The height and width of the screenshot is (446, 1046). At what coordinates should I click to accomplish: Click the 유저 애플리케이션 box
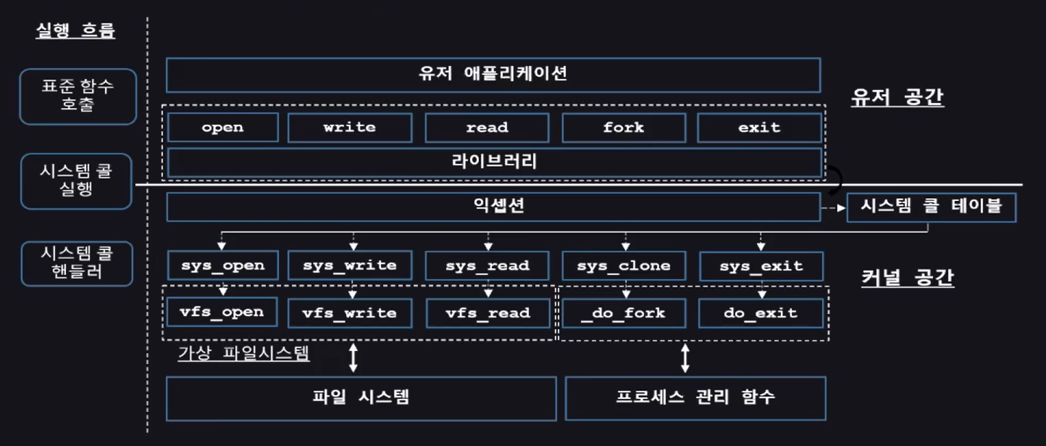493,75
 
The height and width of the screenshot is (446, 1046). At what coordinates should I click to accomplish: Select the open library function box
222,128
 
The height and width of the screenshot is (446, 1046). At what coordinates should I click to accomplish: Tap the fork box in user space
623,128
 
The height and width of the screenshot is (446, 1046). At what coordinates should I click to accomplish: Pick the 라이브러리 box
494,162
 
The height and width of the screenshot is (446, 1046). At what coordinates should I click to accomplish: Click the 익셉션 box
493,207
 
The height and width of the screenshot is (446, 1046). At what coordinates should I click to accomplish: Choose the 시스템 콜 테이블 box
931,207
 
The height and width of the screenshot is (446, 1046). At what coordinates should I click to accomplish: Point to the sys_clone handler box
623,266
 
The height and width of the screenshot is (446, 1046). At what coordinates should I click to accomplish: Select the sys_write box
350,265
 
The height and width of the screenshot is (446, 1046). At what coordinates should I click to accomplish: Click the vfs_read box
488,313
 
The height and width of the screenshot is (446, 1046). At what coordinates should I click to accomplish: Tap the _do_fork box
623,313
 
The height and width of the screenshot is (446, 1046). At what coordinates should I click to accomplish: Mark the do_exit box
760,313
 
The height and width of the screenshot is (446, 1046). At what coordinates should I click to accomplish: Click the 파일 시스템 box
361,398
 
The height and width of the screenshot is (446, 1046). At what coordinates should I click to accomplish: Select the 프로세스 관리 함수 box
695,398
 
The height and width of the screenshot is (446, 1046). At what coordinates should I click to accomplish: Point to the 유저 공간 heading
898,97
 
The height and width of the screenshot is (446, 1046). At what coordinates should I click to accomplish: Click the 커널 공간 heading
908,277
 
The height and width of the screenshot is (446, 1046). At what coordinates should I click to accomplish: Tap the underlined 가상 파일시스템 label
243,355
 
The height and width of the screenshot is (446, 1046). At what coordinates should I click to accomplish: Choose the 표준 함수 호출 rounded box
78,96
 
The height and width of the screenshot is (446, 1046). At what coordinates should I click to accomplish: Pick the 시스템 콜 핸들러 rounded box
77,263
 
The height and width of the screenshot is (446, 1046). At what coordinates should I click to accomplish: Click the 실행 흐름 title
75,31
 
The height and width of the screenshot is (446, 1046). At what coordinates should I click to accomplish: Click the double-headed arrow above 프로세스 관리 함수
685,358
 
